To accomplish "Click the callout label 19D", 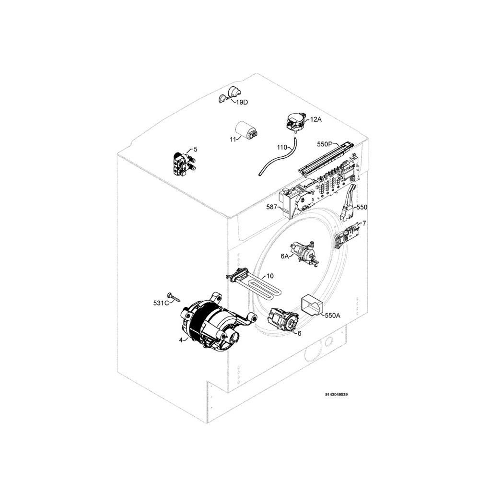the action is click(x=242, y=102).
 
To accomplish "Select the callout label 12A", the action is click(x=316, y=119).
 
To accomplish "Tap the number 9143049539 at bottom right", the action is click(x=337, y=395).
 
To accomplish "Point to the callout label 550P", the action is click(x=325, y=144).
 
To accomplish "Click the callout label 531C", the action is click(x=161, y=303).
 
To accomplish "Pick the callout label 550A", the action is click(x=333, y=316).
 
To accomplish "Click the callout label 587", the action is click(x=271, y=207).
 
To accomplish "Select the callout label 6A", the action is click(x=285, y=256).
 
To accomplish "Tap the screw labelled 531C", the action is click(x=174, y=297).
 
